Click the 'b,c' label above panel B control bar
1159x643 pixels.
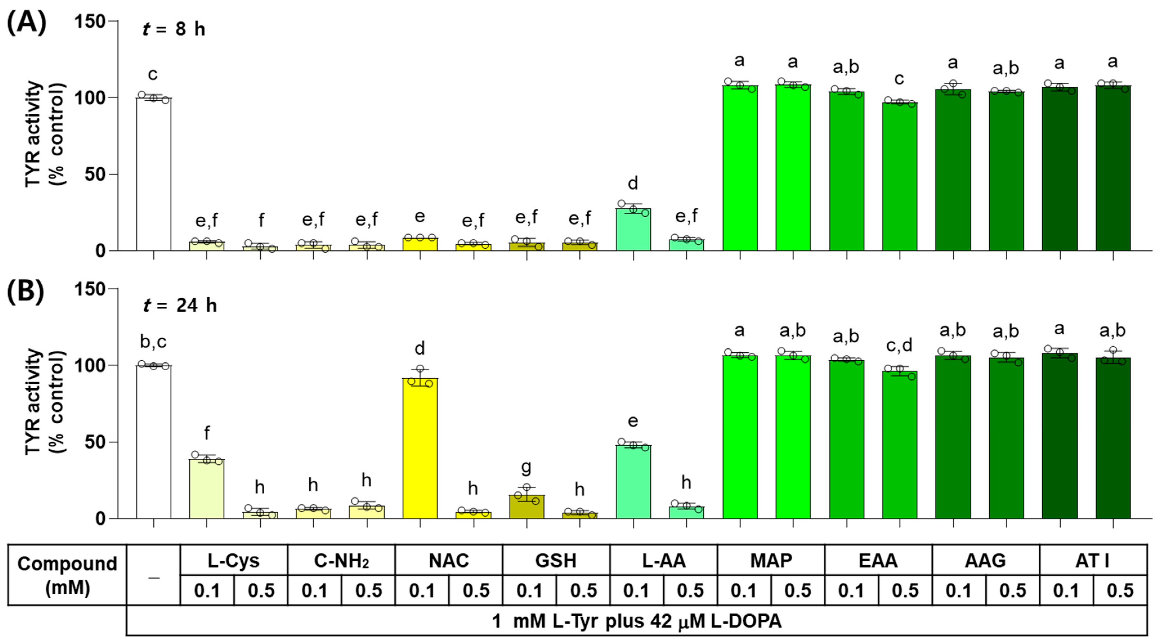153,342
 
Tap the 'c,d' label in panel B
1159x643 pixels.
899,345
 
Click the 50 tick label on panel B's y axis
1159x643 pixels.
95,442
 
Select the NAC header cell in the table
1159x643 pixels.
449,561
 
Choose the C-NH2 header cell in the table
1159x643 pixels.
341,561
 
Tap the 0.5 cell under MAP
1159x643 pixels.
797,590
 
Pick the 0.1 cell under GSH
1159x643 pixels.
529,590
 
